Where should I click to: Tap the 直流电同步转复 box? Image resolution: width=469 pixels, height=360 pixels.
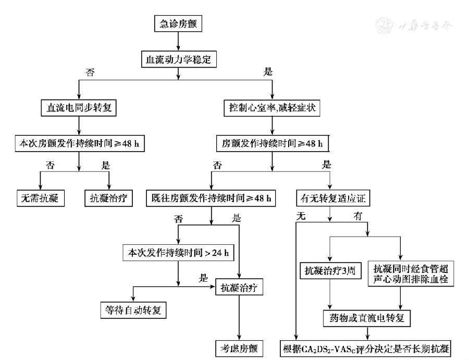tap(78, 108)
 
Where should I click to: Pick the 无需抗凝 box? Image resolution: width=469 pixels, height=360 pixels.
tap(40, 198)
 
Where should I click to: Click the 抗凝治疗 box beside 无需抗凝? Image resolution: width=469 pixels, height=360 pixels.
tap(108, 198)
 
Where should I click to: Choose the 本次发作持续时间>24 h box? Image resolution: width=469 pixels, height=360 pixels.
tap(178, 253)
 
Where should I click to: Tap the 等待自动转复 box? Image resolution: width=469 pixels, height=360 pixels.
tap(133, 311)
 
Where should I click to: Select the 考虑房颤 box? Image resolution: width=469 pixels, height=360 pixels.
tap(239, 347)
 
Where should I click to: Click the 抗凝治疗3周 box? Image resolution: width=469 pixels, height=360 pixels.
tap(329, 270)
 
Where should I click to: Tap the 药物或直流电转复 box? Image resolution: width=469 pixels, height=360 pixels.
tap(367, 316)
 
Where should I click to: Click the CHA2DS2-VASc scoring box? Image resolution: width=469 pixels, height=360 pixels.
tap(367, 348)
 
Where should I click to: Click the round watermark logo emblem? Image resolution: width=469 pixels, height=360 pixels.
tap(385, 24)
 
